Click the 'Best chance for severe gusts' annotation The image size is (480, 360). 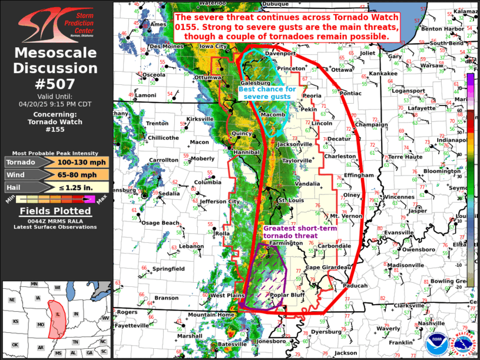click(x=267, y=93)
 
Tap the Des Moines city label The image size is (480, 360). click(x=164, y=46)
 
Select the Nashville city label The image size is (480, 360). click(x=432, y=323)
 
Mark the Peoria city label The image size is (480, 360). click(x=312, y=95)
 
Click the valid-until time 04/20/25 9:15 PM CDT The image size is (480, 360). click(x=56, y=103)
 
